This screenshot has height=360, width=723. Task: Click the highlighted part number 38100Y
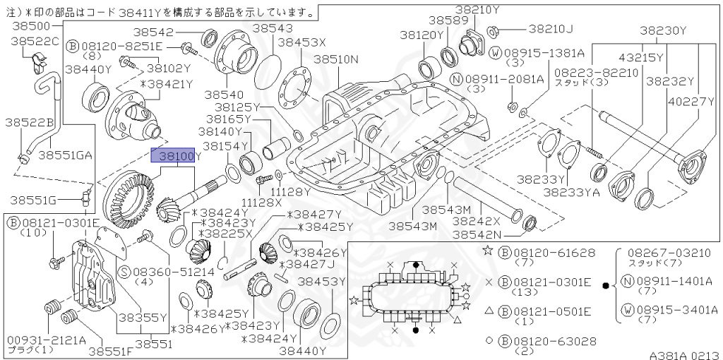[177, 155]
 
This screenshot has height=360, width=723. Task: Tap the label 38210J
[551, 29]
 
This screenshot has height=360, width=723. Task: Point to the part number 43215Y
[641, 57]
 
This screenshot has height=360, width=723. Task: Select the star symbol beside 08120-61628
[487, 251]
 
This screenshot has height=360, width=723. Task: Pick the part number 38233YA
[572, 191]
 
